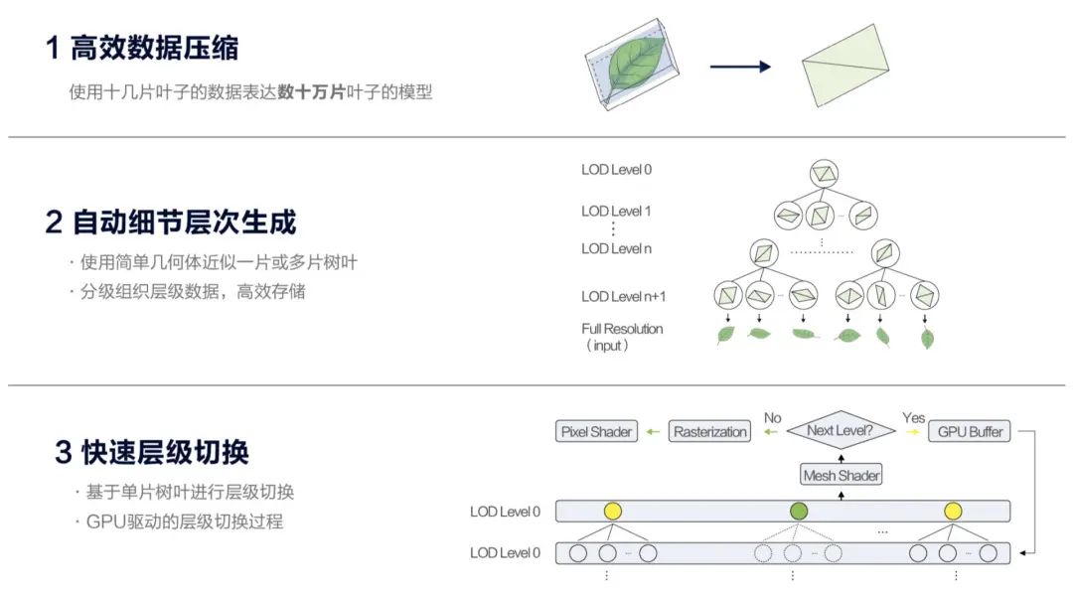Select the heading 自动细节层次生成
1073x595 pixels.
tap(184, 222)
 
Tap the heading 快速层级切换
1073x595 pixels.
tap(164, 452)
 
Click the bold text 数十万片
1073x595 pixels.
tap(311, 92)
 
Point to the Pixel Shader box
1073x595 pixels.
tap(595, 432)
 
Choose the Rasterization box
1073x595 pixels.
tap(709, 432)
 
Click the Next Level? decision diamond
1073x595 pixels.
tap(840, 431)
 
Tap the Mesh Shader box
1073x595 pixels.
tap(841, 475)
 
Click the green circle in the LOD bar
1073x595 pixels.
tap(799, 512)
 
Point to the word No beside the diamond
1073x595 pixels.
tap(772, 418)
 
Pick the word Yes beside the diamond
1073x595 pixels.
tap(913, 418)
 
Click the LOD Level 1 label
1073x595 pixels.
tap(616, 211)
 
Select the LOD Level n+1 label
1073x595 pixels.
tap(623, 296)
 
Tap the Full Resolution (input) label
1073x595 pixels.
tap(622, 336)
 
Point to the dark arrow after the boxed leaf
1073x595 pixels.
tap(740, 67)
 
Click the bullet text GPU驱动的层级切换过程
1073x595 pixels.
tap(185, 521)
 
